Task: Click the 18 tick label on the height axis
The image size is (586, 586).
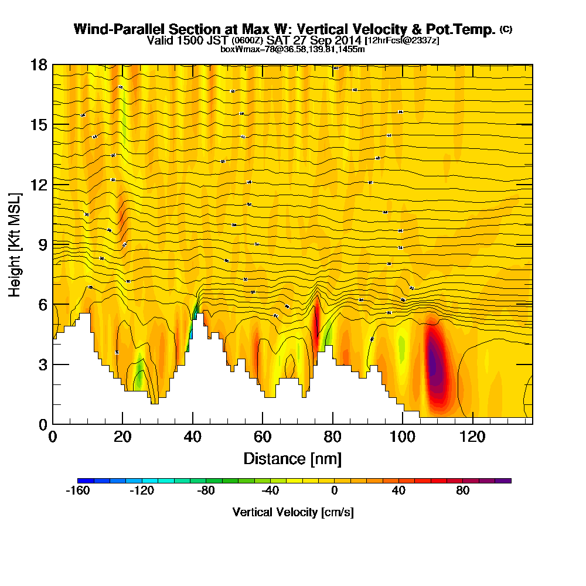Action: (39, 64)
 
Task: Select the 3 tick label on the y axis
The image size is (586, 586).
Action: (42, 364)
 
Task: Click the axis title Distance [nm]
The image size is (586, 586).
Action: (292, 458)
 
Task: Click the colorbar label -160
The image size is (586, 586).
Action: (78, 491)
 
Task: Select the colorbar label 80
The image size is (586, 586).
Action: (463, 491)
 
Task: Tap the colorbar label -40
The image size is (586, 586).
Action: (270, 491)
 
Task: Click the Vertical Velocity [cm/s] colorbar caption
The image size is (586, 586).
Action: (293, 512)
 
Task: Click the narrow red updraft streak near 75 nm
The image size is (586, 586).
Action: (316, 325)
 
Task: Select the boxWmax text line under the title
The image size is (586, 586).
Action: (292, 49)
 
